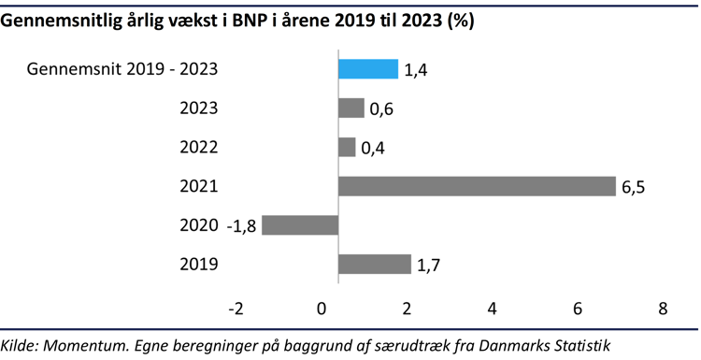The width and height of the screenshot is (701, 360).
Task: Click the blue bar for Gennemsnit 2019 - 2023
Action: (x=367, y=69)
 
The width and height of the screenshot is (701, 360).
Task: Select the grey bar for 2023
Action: (x=350, y=108)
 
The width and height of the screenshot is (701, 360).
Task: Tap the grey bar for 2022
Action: (x=347, y=148)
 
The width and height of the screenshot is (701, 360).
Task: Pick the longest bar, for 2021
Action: (x=477, y=186)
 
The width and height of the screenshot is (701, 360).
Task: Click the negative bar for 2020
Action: (x=299, y=225)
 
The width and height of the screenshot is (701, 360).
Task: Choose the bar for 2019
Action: (x=374, y=265)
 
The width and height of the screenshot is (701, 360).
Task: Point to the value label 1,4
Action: (x=416, y=70)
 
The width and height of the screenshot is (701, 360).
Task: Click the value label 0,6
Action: (x=381, y=109)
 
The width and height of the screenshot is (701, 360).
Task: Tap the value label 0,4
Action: (x=373, y=149)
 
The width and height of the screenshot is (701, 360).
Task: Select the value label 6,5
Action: (x=633, y=187)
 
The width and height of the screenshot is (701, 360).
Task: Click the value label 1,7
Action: (x=428, y=266)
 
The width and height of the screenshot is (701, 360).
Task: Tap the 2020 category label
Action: (x=198, y=225)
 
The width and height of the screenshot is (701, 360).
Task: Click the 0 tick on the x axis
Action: (x=322, y=310)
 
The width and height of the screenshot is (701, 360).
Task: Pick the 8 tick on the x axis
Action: (x=663, y=310)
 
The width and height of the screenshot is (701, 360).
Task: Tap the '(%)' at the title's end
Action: (x=459, y=22)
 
